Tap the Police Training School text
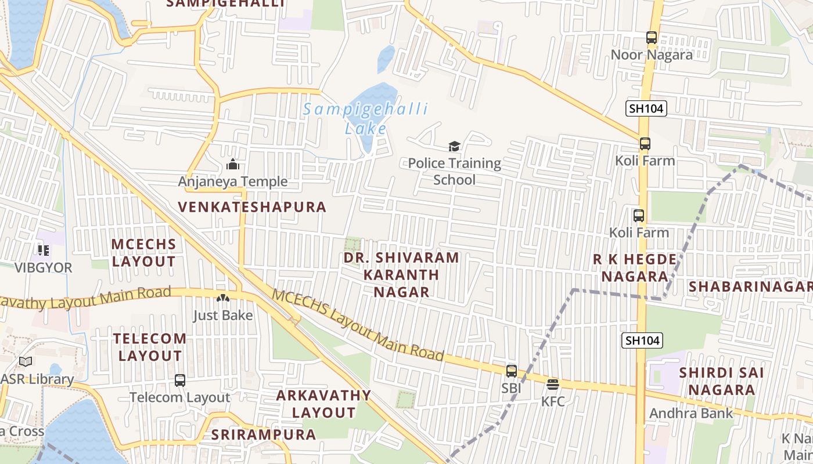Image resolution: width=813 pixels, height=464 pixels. click(x=454, y=172)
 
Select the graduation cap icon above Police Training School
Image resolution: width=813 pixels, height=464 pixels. click(x=454, y=146)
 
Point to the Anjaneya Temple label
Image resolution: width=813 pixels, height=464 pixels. click(x=232, y=182)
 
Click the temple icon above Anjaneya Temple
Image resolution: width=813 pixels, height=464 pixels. click(x=233, y=164)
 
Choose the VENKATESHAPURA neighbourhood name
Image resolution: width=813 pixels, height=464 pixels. click(x=252, y=207)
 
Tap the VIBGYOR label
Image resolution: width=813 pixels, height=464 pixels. click(x=44, y=268)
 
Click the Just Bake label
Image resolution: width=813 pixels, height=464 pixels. click(x=223, y=316)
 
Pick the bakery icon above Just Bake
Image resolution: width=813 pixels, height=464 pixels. click(x=223, y=298)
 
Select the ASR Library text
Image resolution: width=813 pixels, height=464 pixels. click(x=37, y=379)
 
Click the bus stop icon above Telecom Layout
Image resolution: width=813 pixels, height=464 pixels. click(x=180, y=380)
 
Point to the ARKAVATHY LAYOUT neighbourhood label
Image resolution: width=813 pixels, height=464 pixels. click(x=323, y=404)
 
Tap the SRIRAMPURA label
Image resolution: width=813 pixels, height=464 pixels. click(x=264, y=434)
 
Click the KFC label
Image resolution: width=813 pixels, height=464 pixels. click(x=553, y=401)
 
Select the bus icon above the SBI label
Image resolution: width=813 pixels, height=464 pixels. click(x=512, y=371)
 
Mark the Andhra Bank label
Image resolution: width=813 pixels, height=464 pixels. click(x=691, y=414)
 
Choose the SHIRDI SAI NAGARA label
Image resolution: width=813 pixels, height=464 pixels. click(x=721, y=380)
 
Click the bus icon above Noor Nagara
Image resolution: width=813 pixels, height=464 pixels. click(x=652, y=38)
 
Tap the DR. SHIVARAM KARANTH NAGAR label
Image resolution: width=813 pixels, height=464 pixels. click(x=401, y=274)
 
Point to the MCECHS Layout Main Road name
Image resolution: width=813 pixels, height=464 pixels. click(x=358, y=325)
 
